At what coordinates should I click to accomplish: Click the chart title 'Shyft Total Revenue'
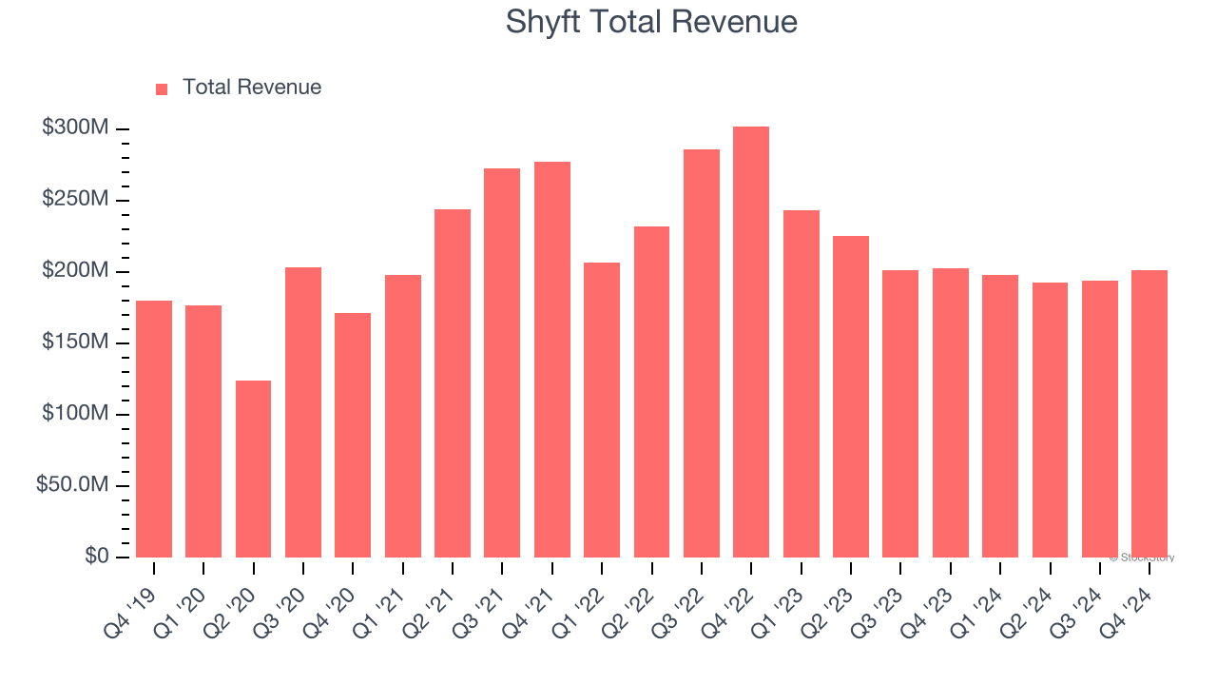click(x=651, y=22)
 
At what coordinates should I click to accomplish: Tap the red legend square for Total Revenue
click(x=162, y=88)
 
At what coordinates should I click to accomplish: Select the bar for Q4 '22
click(x=751, y=342)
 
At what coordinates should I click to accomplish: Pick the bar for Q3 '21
click(x=502, y=362)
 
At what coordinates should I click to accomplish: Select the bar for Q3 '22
click(x=702, y=353)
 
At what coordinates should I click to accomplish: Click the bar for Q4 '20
click(x=353, y=435)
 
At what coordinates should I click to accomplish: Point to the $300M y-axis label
click(x=75, y=128)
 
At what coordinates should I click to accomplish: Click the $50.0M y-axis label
click(x=71, y=485)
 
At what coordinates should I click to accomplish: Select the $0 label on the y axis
click(x=96, y=557)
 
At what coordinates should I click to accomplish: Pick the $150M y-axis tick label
click(x=75, y=342)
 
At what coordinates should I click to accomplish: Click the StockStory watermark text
click(x=1142, y=558)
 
